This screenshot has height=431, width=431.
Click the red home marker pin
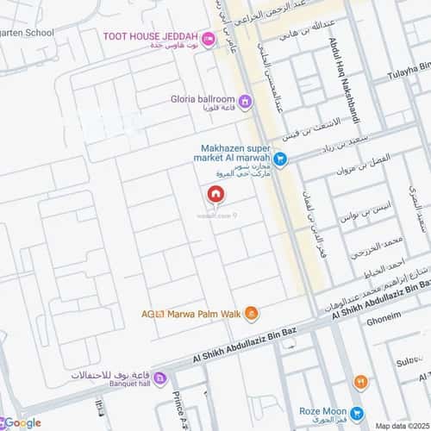click(215, 195)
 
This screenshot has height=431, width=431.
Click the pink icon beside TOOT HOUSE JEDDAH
click(208, 37)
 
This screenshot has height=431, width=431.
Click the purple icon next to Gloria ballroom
click(245, 103)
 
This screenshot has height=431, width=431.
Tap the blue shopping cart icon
click(280, 159)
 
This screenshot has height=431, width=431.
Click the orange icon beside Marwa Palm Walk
click(251, 312)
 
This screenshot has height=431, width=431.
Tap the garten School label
click(26, 33)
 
